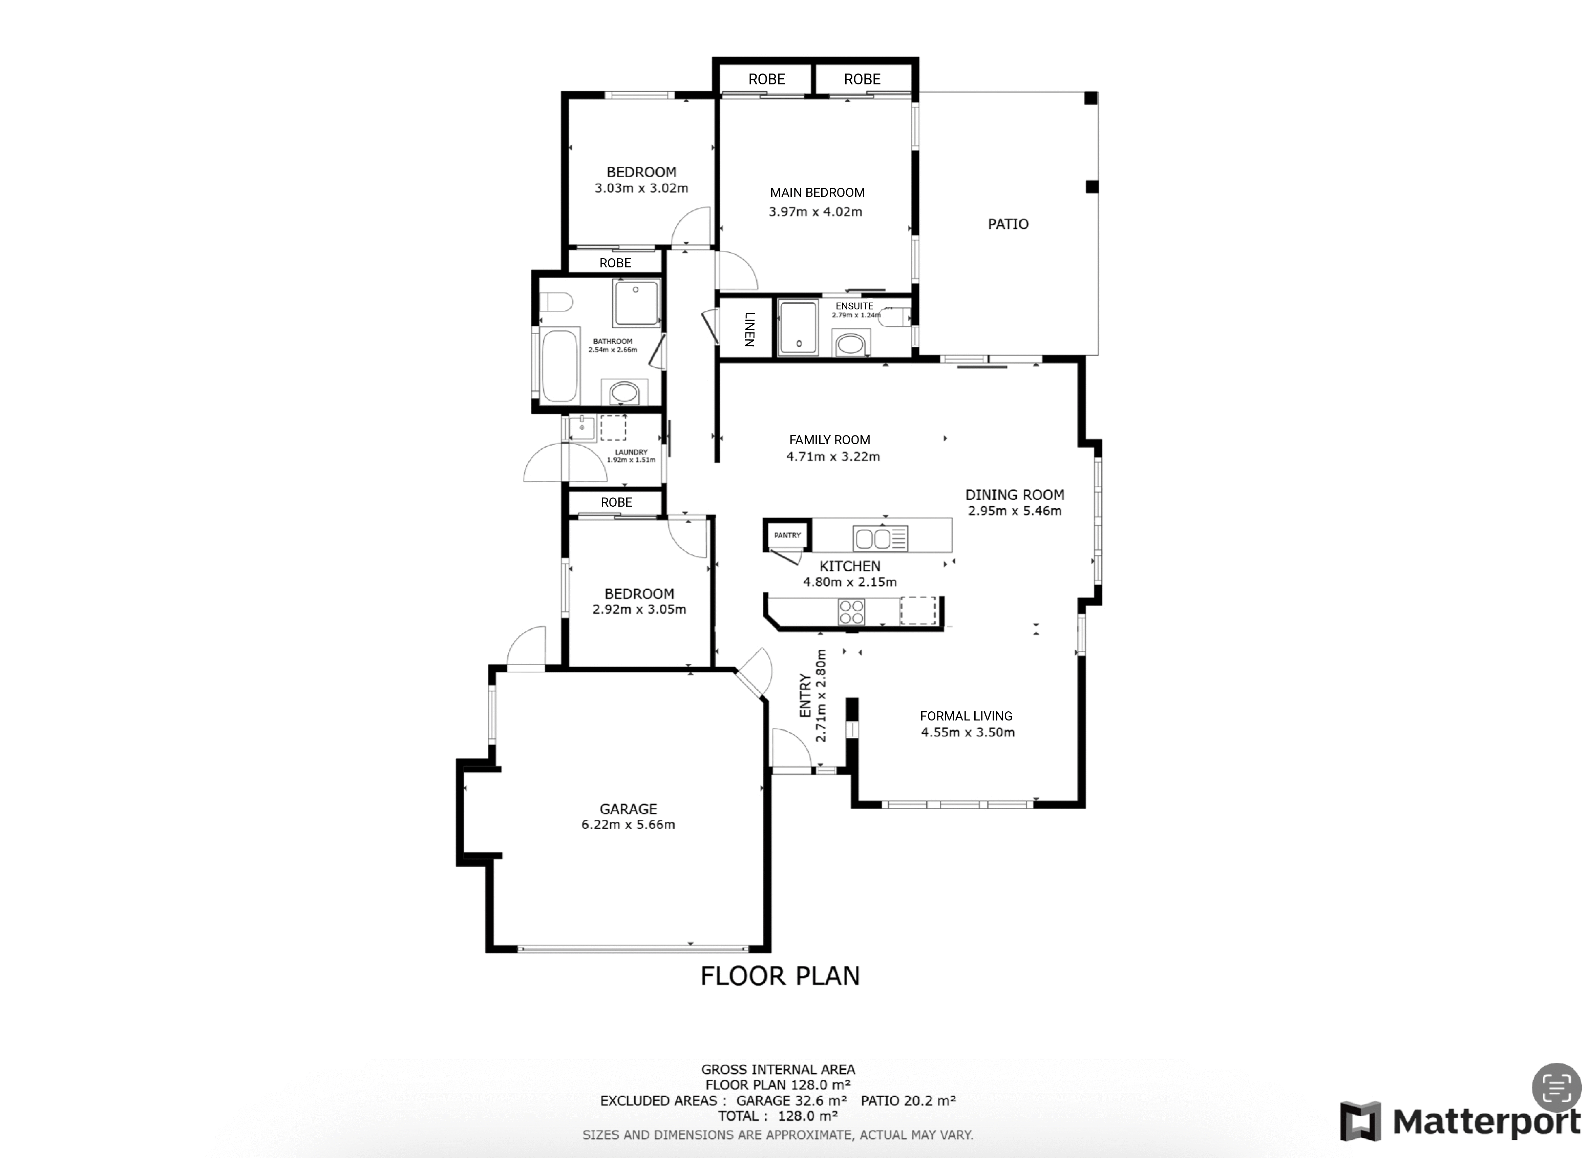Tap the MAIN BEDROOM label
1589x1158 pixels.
tap(817, 193)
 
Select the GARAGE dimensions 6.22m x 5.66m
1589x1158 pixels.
tap(628, 825)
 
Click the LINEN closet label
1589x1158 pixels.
tap(748, 329)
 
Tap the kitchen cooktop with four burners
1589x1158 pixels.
tap(851, 611)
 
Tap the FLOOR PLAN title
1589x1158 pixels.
tap(780, 976)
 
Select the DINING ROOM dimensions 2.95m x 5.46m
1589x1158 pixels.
tap(1015, 511)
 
